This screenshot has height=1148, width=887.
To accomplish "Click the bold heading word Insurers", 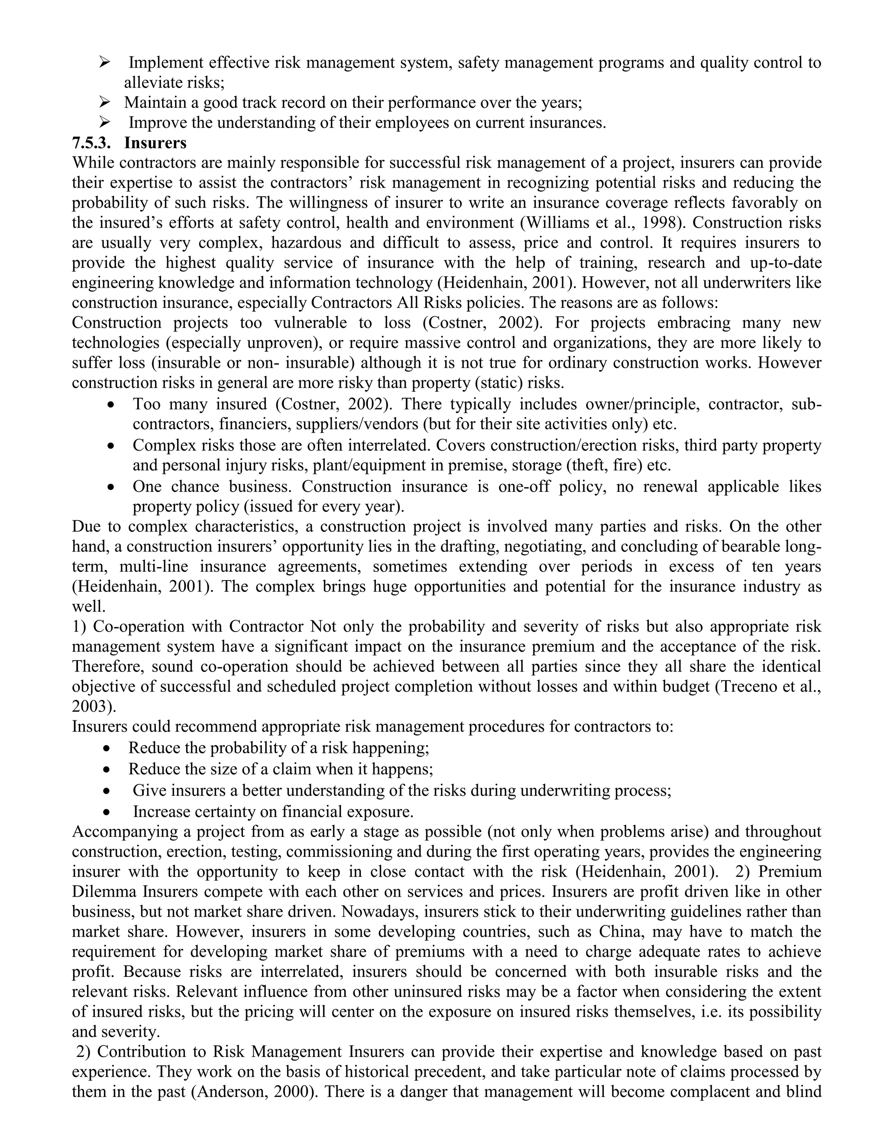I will coord(155,143).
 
